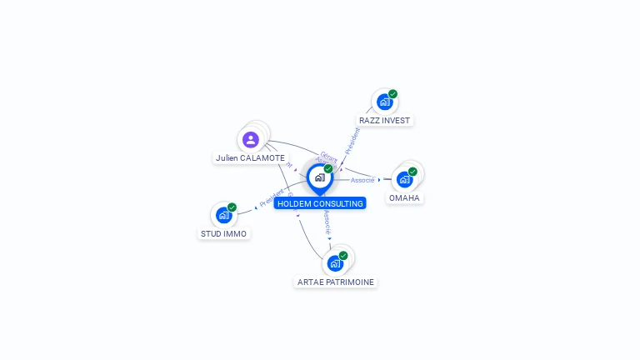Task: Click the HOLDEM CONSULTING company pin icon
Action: click(319, 177)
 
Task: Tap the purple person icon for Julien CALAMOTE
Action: click(250, 139)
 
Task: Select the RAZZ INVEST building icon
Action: click(383, 102)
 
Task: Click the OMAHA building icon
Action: click(404, 179)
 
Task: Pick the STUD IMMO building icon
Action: click(223, 215)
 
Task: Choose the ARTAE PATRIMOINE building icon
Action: click(335, 263)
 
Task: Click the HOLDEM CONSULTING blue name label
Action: click(320, 203)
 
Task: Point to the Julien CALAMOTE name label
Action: click(250, 157)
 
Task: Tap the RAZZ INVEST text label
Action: click(384, 120)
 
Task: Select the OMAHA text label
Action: click(404, 197)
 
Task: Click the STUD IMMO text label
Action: click(223, 233)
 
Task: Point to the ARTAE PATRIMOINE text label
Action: click(336, 282)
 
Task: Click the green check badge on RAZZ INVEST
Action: click(392, 94)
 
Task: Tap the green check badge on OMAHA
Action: click(412, 172)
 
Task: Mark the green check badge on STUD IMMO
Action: click(232, 207)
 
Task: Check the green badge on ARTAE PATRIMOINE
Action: click(343, 256)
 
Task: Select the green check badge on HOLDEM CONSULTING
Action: click(328, 169)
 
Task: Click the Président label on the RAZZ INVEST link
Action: click(352, 141)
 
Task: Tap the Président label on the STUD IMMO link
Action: click(272, 198)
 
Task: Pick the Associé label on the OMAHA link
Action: click(362, 180)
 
